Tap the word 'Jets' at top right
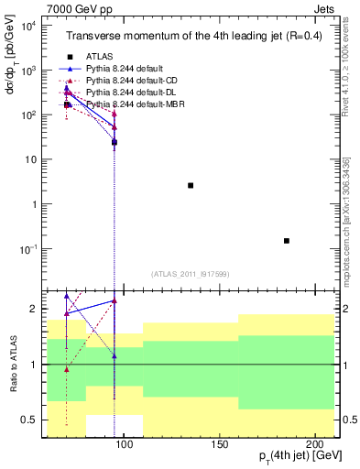tap(324, 8)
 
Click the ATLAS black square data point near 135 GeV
tap(191, 185)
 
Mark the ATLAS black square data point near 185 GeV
tap(287, 241)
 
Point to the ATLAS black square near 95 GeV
tap(115, 143)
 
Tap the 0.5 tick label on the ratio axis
tap(29, 420)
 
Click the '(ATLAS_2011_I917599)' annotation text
tap(190, 274)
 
